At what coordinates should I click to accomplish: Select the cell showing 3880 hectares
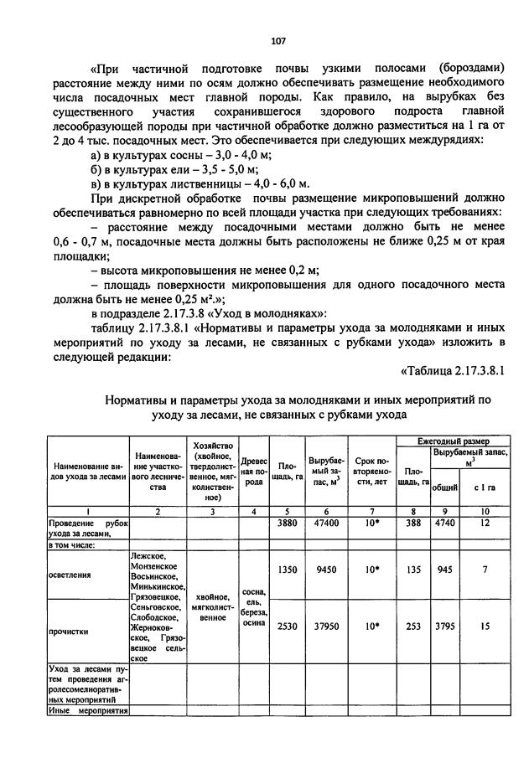pyautogui.click(x=288, y=522)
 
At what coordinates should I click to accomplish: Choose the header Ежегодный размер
pyautogui.click(x=454, y=440)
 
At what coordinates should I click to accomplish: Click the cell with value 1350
pyautogui.click(x=288, y=575)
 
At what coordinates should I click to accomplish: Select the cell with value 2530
pyautogui.click(x=288, y=624)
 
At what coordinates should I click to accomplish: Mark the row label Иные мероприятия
pyautogui.click(x=86, y=711)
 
